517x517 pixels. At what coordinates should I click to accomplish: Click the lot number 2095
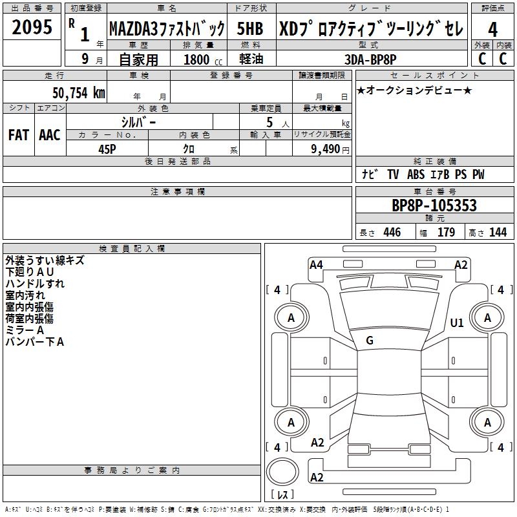click(x=32, y=27)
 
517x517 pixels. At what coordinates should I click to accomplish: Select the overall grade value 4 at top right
click(x=492, y=29)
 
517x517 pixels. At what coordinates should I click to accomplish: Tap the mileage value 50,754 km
click(x=79, y=92)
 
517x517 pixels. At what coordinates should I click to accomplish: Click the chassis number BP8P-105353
click(x=434, y=206)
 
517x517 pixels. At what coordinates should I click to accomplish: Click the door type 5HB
click(x=249, y=29)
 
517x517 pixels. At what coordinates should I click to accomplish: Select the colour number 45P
click(x=107, y=148)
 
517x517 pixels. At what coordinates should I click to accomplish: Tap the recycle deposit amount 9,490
click(x=325, y=149)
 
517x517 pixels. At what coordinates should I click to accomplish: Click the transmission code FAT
click(x=18, y=135)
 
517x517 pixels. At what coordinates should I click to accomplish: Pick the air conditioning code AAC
click(x=49, y=135)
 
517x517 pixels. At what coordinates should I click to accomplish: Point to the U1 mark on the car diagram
click(x=457, y=322)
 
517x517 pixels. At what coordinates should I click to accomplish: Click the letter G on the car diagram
click(x=370, y=341)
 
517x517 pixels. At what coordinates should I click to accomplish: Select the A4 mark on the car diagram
click(x=316, y=264)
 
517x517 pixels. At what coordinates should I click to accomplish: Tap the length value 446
click(x=392, y=233)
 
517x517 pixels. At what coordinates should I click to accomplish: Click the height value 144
click(x=498, y=233)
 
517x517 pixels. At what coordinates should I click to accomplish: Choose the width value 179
click(x=446, y=233)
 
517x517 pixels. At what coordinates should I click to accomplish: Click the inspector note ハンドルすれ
click(x=35, y=284)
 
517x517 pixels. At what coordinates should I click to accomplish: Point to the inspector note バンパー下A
click(x=35, y=342)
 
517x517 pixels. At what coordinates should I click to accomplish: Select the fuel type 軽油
click(x=249, y=59)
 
